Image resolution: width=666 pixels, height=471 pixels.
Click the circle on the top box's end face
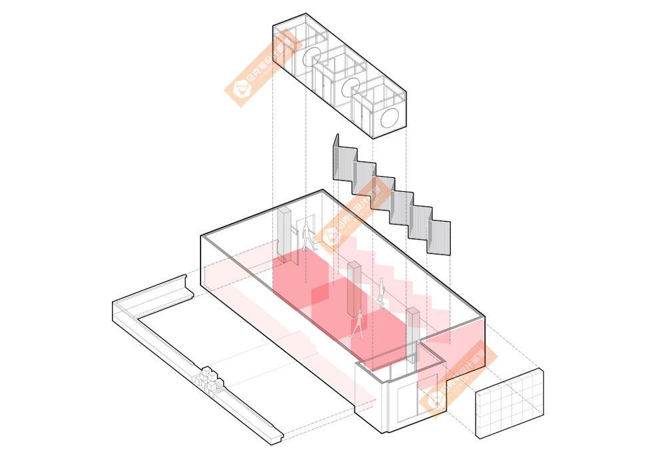390,120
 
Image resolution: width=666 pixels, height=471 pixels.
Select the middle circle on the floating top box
351,87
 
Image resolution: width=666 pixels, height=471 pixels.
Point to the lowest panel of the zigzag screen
440,236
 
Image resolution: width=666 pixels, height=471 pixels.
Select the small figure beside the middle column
382,290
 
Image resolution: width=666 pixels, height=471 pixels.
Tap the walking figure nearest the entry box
358,324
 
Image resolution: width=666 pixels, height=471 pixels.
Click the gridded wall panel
509,404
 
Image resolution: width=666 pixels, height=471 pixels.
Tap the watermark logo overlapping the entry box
437,399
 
